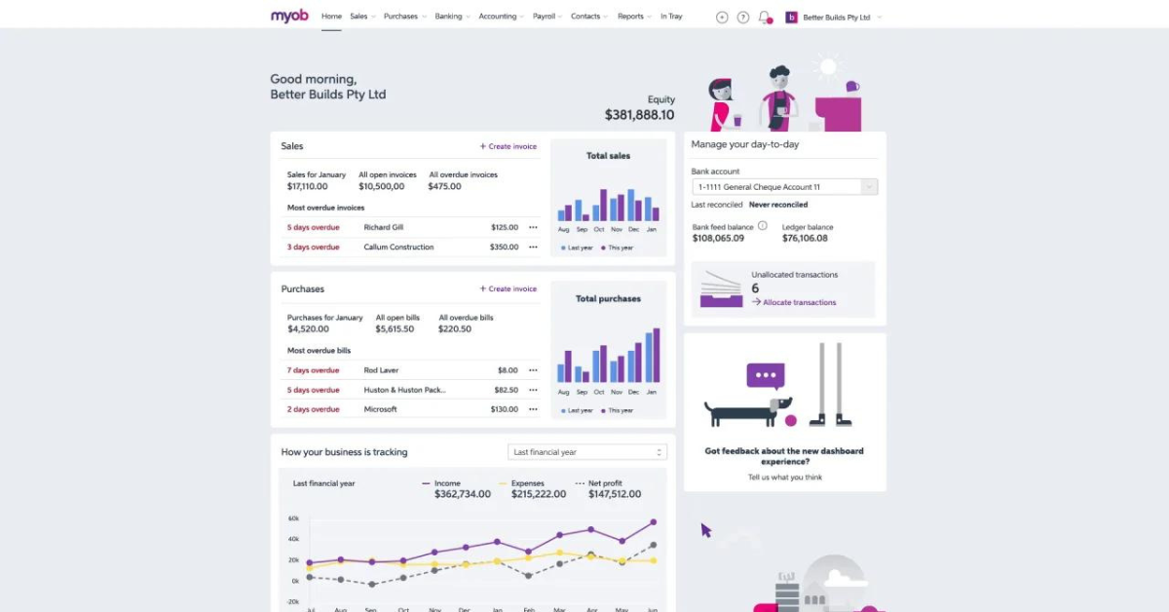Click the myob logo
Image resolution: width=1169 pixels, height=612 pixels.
click(x=289, y=17)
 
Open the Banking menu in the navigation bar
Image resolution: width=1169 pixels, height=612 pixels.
click(x=452, y=17)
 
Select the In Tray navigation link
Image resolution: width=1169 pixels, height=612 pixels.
click(x=671, y=17)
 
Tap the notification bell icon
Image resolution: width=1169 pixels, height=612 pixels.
click(x=765, y=18)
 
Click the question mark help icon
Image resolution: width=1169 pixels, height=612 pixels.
click(x=742, y=18)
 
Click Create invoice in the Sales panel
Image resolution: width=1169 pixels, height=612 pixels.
click(x=508, y=146)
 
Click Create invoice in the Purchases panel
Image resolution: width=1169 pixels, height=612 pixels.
click(x=508, y=288)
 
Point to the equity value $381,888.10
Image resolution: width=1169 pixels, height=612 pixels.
click(x=639, y=115)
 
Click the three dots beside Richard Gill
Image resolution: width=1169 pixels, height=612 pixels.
click(x=533, y=227)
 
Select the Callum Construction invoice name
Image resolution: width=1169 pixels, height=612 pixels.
click(x=398, y=247)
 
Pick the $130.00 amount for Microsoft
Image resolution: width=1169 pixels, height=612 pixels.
click(x=505, y=409)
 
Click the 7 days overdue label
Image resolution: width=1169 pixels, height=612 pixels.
click(x=313, y=370)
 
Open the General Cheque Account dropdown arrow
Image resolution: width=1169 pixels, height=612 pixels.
click(x=869, y=187)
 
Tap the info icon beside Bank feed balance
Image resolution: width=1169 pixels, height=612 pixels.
click(x=763, y=225)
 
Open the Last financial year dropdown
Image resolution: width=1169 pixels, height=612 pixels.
click(x=587, y=452)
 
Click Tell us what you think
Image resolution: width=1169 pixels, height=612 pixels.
click(x=785, y=478)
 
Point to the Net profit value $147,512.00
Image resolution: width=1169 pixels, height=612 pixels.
click(x=615, y=494)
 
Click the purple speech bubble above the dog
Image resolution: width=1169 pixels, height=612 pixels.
click(x=766, y=376)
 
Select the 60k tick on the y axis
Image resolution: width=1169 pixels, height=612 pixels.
click(x=293, y=518)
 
